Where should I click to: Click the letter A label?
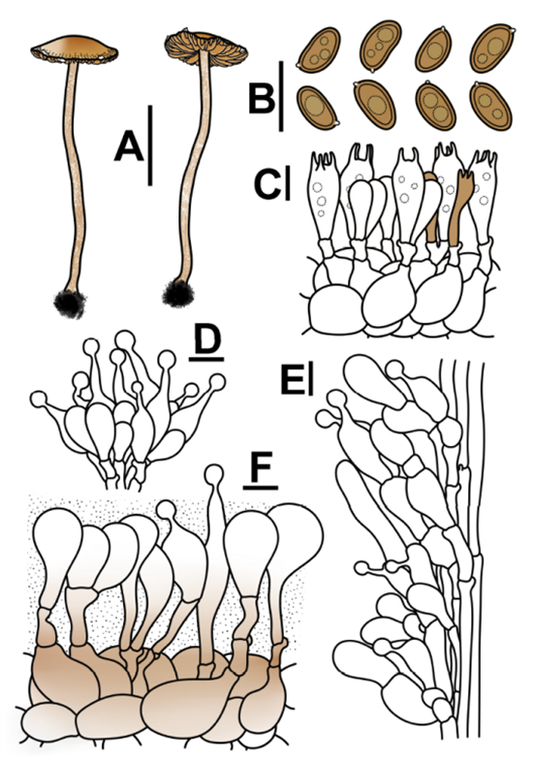tap(129, 146)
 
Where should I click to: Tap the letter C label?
tap(267, 184)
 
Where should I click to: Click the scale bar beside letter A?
tap(150, 145)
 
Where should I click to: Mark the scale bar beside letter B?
tap(281, 96)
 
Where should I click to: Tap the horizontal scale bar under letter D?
tap(206, 360)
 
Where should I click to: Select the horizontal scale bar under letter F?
tap(261, 487)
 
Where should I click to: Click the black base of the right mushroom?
tap(178, 294)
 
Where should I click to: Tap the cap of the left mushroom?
tap(74, 49)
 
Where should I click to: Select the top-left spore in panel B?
tap(320, 49)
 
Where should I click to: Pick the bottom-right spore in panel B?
tap(490, 107)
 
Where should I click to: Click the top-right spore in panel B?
tap(492, 49)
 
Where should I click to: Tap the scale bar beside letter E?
tap(311, 380)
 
